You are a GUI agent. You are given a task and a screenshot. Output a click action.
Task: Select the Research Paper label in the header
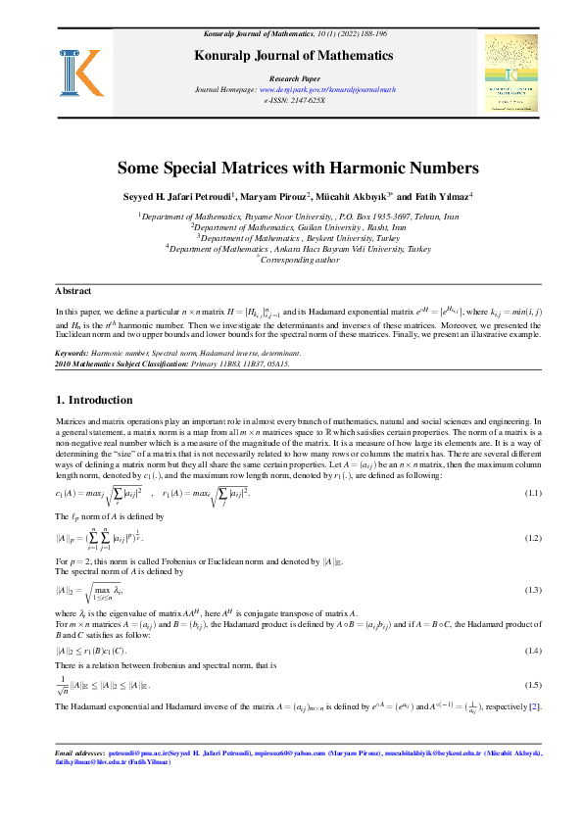[x=291, y=75]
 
